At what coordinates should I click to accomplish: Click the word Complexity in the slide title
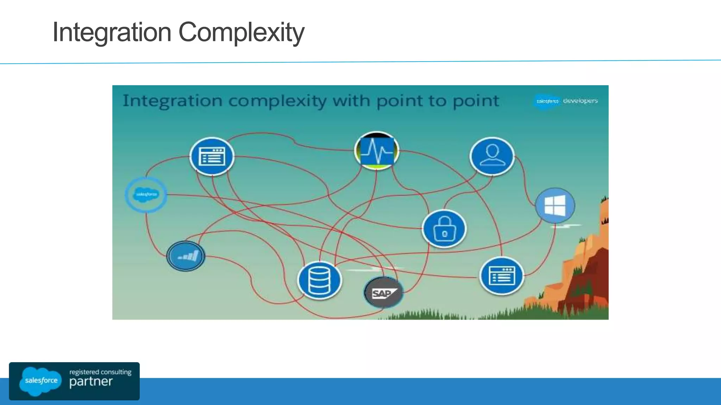click(241, 32)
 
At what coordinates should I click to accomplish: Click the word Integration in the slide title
click(112, 32)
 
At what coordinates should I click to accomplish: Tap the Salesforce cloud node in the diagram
click(146, 194)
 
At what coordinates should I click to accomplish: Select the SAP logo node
click(383, 292)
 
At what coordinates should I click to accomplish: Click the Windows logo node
click(555, 206)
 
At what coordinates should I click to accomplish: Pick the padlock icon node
click(444, 229)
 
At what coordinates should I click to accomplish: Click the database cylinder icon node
click(319, 280)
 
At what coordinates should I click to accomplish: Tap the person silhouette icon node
click(492, 156)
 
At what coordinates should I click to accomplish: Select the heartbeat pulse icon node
click(377, 151)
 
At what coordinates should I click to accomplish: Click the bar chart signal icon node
click(186, 256)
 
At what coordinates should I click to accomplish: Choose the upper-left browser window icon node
click(212, 156)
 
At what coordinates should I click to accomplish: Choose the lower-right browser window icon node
click(502, 275)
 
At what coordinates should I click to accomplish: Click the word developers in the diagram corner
click(580, 101)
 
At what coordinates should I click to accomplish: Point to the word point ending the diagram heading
click(476, 101)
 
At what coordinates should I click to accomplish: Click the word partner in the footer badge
click(91, 382)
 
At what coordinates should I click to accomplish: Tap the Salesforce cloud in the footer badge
click(40, 381)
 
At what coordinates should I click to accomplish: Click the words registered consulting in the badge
click(100, 372)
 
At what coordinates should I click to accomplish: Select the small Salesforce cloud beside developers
click(547, 101)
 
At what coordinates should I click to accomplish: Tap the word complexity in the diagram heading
click(277, 101)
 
